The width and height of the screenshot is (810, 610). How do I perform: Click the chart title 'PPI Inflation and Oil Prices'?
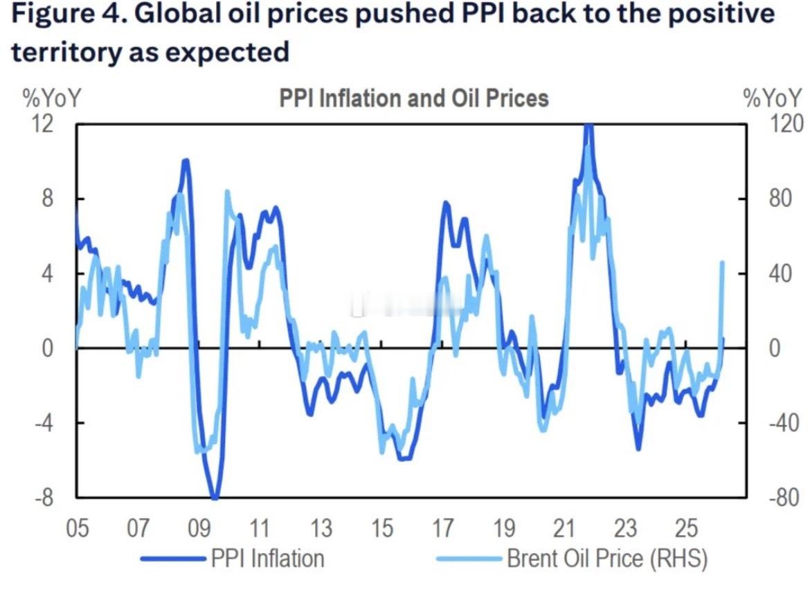click(x=413, y=98)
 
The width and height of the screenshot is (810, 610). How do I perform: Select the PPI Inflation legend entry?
click(x=267, y=558)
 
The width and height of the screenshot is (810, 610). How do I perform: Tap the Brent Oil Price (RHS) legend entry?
click(x=606, y=558)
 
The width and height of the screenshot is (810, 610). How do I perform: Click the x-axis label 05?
click(x=77, y=529)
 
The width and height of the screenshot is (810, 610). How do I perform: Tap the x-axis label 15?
click(x=381, y=529)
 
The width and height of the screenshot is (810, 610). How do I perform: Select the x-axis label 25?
click(x=685, y=529)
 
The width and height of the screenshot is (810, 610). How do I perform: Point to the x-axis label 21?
click(x=564, y=529)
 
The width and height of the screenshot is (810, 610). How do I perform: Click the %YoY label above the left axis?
click(x=52, y=99)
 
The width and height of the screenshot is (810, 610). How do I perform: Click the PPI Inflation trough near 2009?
click(x=215, y=496)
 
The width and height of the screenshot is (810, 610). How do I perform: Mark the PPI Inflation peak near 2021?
click(x=588, y=127)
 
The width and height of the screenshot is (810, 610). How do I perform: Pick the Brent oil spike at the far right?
click(x=722, y=262)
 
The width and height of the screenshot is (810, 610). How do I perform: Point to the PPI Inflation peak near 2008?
click(x=185, y=161)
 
